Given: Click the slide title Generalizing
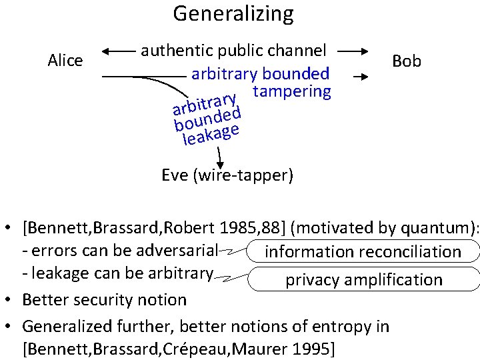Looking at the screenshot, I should coord(233,13).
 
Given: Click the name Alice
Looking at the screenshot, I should coord(65,61).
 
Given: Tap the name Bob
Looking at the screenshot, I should coord(407,61).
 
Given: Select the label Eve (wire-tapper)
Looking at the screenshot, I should coord(227,175).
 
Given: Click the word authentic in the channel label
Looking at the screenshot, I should coord(169,50).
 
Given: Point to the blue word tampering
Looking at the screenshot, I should coord(292,91).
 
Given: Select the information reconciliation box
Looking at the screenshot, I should coord(363,252).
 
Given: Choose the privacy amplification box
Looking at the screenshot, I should coord(364,279).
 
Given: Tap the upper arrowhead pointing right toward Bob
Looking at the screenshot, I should coord(363,51).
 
